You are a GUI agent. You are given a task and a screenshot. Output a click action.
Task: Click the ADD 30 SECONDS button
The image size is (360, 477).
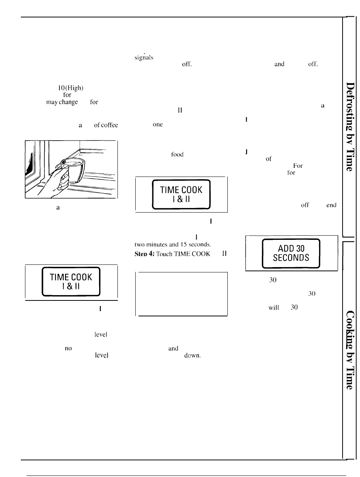pos(291,253)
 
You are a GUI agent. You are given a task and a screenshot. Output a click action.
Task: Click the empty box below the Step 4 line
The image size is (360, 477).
pos(181,294)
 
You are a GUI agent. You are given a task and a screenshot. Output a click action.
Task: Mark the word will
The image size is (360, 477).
pos(274,308)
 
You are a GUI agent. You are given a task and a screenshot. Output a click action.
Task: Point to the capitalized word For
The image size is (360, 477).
pos(297,166)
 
